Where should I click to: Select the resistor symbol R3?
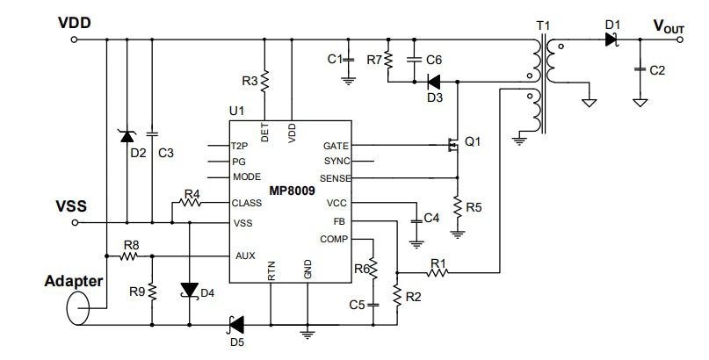click(265, 82)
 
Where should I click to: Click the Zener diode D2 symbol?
click(127, 135)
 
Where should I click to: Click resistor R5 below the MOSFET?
click(457, 207)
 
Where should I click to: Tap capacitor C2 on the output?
click(641, 68)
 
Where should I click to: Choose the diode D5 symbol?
click(235, 324)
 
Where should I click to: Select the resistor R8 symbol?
click(130, 256)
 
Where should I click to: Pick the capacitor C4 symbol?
click(415, 217)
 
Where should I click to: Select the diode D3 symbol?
click(432, 82)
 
